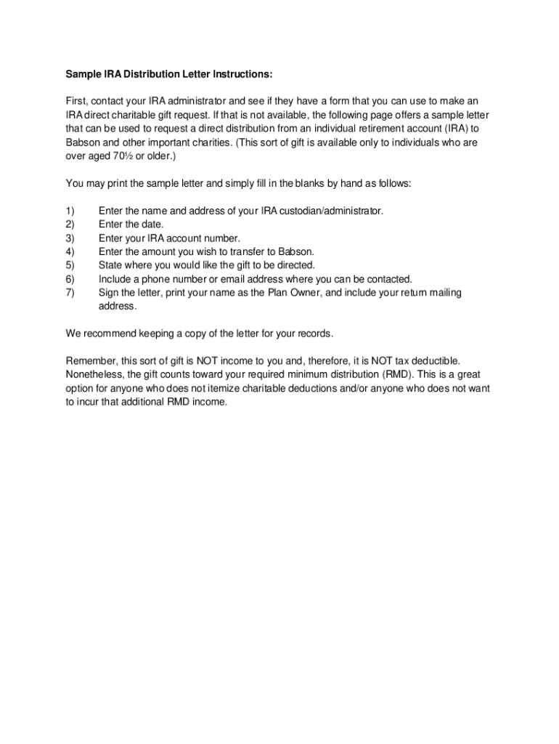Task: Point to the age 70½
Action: tap(113, 156)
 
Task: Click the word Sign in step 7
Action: tap(109, 292)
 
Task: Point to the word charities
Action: tap(208, 142)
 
